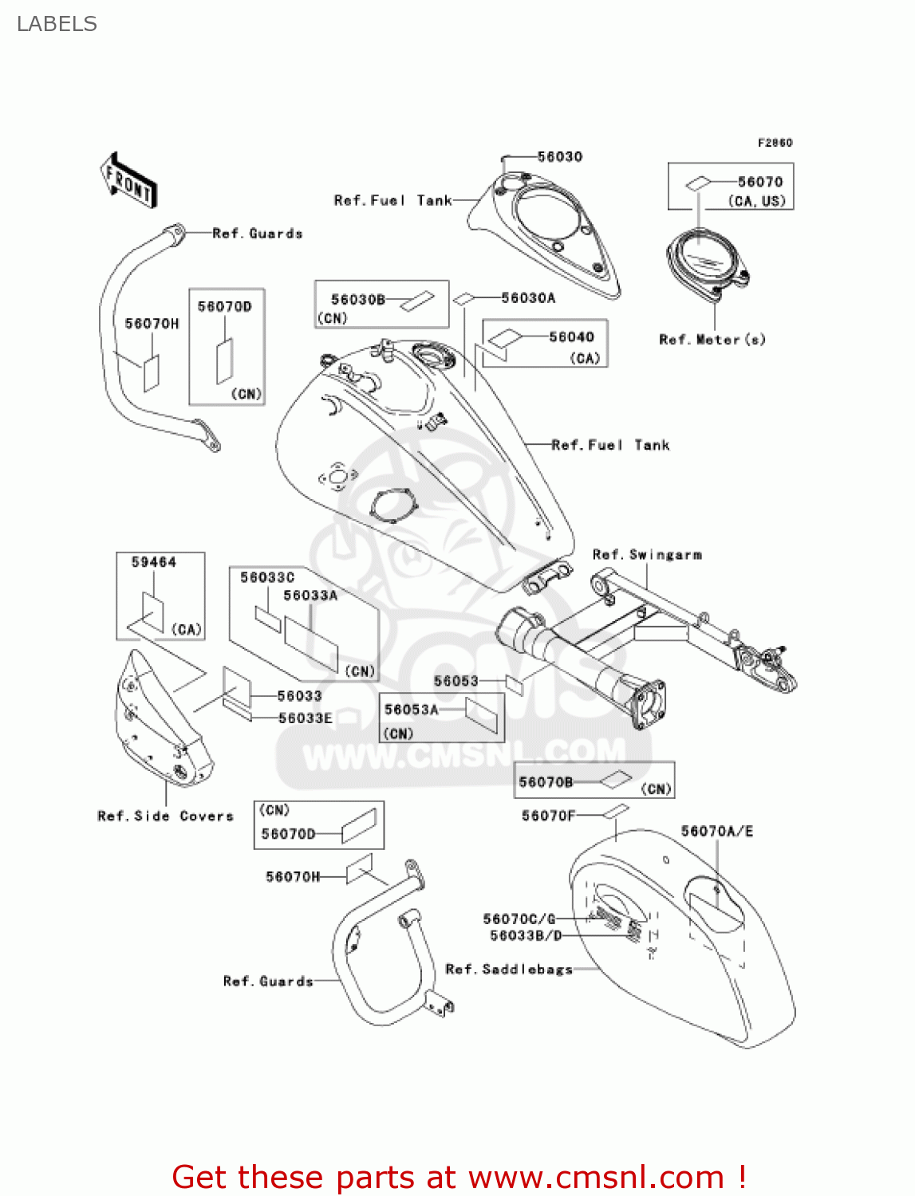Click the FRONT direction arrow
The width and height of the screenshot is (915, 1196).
[128, 181]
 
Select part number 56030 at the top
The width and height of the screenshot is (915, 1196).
[559, 156]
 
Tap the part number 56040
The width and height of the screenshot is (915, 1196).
[571, 336]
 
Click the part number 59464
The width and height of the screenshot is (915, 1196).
[153, 562]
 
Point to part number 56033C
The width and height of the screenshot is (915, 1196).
[267, 577]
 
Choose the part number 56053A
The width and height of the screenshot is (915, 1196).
[411, 710]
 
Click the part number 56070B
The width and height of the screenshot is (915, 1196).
[546, 782]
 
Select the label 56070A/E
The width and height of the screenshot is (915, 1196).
[716, 831]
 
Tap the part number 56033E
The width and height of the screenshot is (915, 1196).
[305, 718]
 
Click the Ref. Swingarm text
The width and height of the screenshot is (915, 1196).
[647, 554]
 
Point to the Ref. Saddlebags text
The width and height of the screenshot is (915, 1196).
[509, 970]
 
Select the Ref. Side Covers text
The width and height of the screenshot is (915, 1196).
[165, 816]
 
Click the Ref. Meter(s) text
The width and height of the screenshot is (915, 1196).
[712, 340]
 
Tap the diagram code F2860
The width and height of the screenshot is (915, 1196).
[775, 143]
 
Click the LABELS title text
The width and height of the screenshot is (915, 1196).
[57, 24]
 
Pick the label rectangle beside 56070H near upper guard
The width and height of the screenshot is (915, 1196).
[151, 372]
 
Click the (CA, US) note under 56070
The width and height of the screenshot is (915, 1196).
[756, 201]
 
